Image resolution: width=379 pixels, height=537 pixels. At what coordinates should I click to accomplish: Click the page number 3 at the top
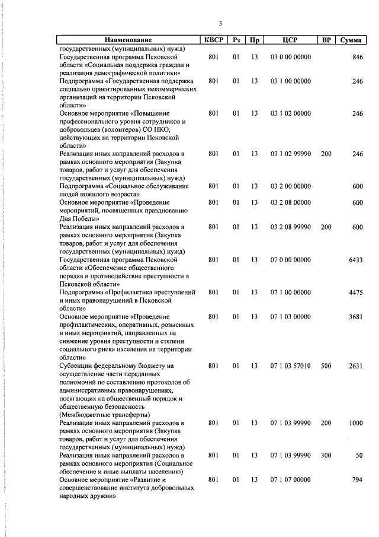tap(220, 24)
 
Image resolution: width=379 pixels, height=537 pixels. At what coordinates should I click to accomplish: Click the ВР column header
tap(326, 40)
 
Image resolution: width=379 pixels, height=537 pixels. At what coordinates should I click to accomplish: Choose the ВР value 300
tap(326, 455)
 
